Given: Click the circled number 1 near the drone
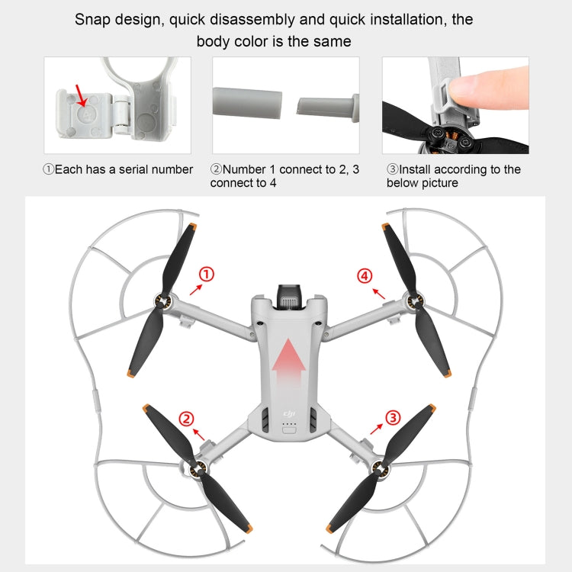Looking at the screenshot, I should (206, 275).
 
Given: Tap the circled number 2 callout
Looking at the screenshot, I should (185, 418).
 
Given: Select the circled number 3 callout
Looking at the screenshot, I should (392, 416).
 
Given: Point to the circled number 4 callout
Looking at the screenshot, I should (365, 275).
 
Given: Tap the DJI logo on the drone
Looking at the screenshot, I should (289, 414).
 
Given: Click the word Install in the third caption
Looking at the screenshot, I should (419, 169).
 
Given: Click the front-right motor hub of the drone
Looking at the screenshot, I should (414, 304).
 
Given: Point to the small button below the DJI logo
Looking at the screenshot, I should (288, 429).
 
